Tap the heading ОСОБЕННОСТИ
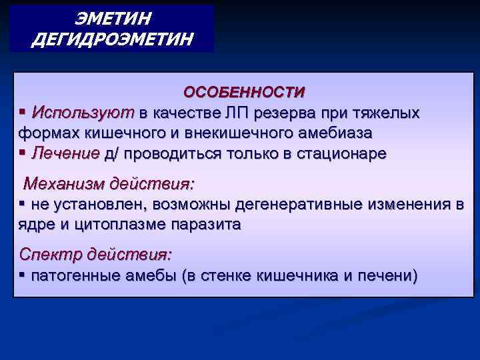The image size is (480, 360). (245, 91)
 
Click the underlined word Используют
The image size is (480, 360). (83, 111)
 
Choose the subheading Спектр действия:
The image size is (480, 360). (95, 254)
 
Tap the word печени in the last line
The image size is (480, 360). (388, 275)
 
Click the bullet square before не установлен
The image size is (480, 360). (22, 203)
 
